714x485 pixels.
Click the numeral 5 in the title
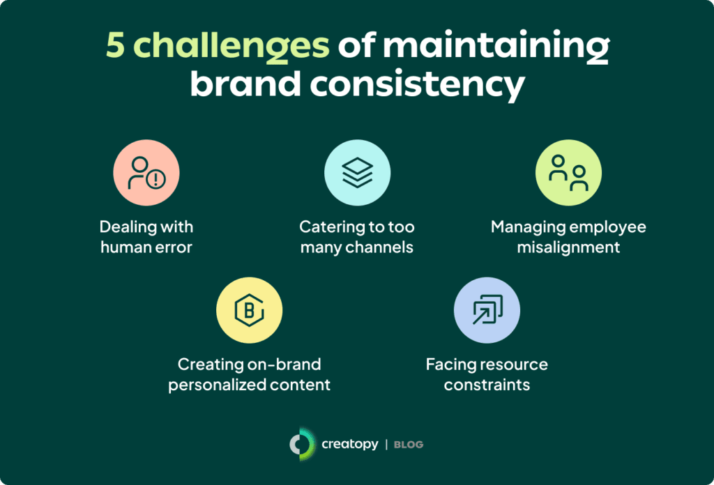coord(115,45)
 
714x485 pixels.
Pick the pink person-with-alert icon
coord(146,173)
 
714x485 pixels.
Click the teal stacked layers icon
coord(358,173)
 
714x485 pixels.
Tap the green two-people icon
coord(568,173)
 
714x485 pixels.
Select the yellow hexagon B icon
coord(249,310)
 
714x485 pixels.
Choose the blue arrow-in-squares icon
coord(487,310)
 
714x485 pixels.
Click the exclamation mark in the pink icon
coord(156,179)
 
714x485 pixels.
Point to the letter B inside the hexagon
coord(249,310)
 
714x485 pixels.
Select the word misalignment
coord(568,247)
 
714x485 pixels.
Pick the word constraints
coord(487,385)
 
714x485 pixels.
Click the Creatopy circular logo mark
coord(302,444)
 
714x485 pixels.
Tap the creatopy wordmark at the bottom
coord(350,444)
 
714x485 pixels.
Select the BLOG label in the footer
coord(409,445)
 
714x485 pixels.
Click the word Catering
coord(328,227)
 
